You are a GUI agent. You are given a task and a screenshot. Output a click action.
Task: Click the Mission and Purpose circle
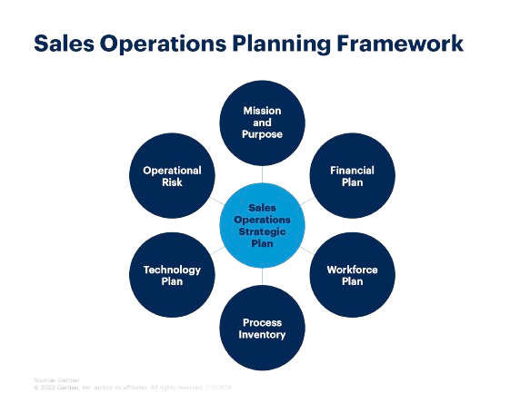263,122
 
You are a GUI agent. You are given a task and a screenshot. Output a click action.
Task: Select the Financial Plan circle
352,175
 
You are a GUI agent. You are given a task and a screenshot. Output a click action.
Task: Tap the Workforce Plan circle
352,275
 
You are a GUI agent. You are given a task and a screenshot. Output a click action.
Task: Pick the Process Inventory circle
263,328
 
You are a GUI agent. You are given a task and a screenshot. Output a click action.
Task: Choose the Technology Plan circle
172,275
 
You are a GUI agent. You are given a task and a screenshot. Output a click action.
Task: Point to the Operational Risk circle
172,175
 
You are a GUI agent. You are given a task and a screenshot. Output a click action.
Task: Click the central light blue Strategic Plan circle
263,225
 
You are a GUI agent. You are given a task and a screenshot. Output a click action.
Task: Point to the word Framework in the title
405,44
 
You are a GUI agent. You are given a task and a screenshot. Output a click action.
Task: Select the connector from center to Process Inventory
263,277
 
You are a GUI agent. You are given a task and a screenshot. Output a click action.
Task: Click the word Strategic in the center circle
263,231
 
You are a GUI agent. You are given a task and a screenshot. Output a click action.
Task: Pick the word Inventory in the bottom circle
263,335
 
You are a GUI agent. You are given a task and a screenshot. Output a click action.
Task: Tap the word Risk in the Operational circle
172,182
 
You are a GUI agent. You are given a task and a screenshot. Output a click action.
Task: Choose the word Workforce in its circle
352,270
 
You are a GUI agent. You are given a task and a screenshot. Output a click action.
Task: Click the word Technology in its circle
172,270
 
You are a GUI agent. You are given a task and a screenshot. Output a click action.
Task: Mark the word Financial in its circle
352,170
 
